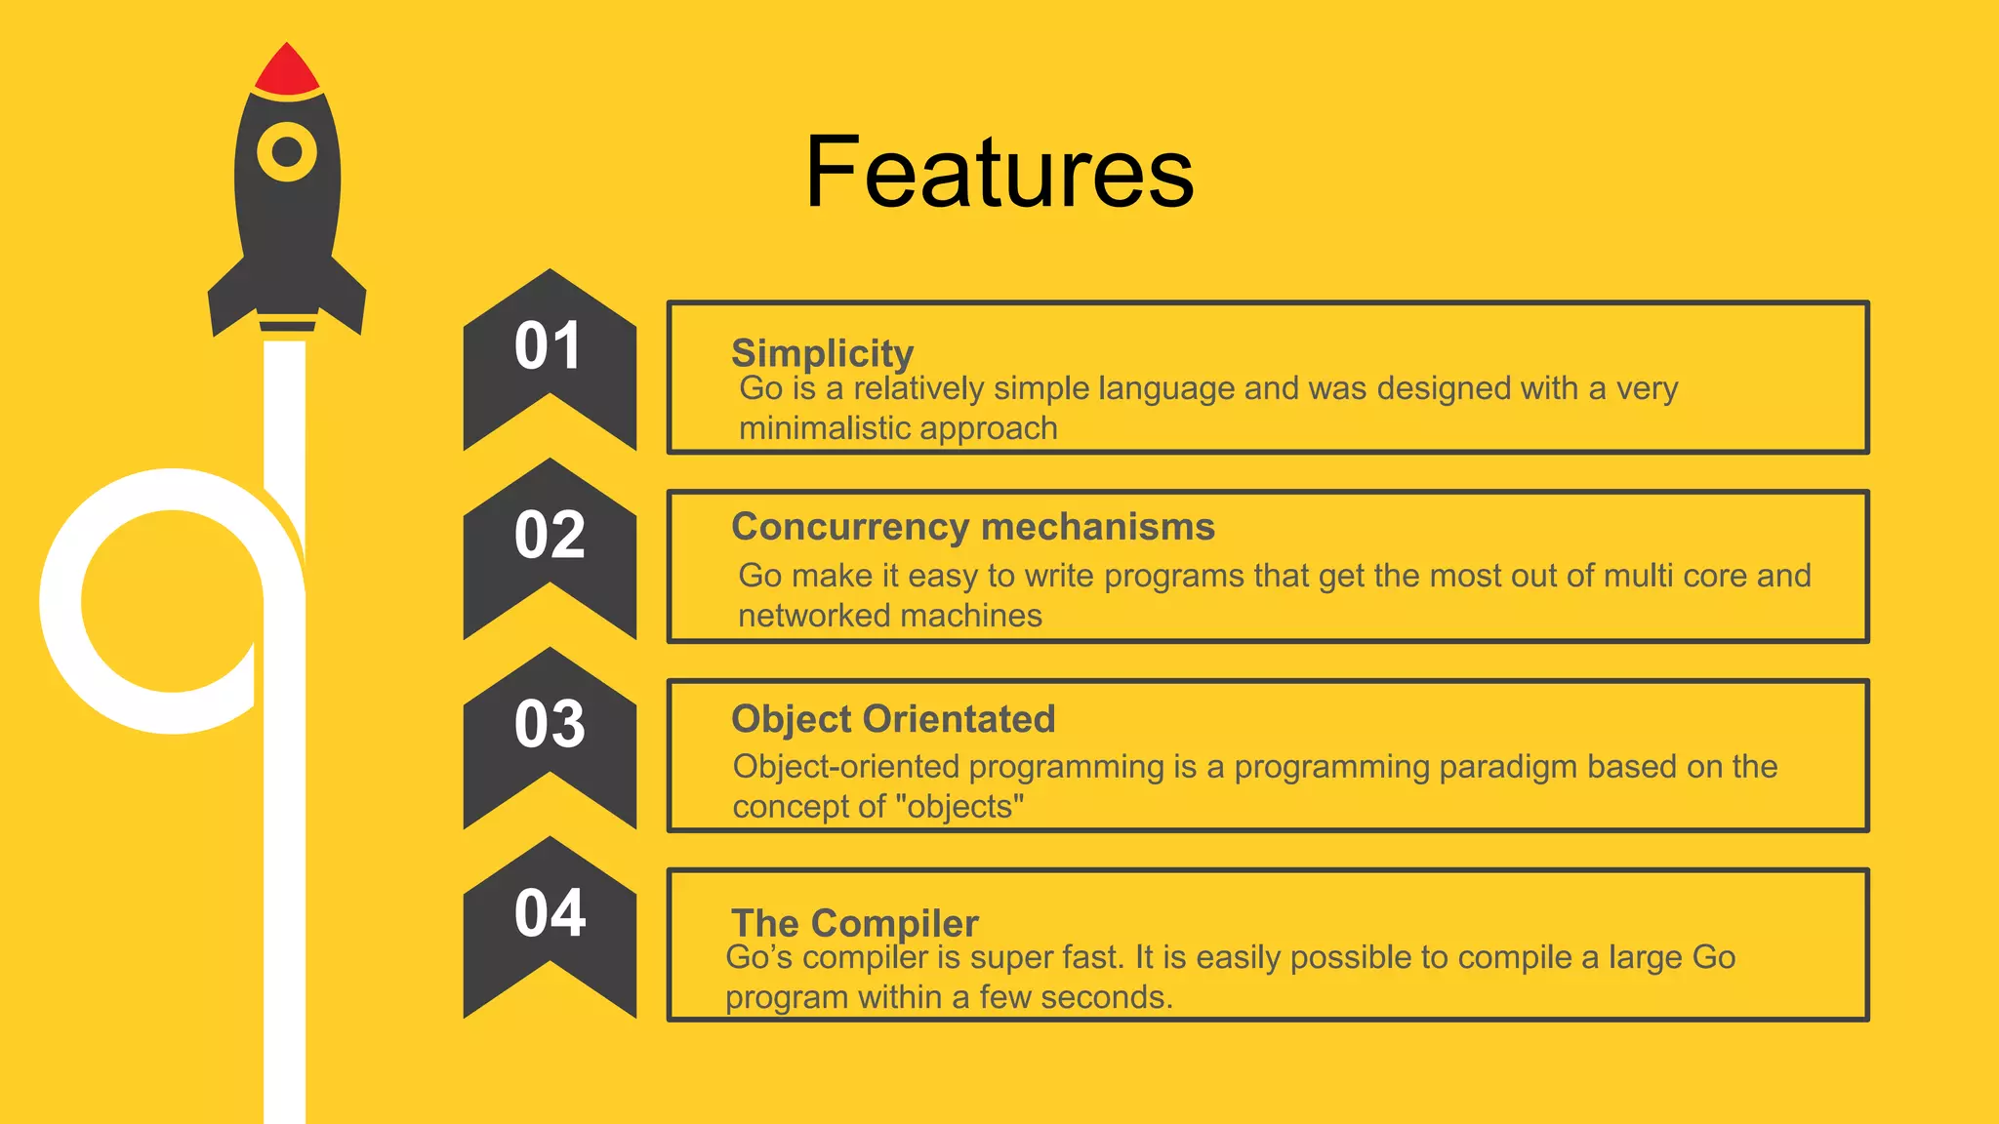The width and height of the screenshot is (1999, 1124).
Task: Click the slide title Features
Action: (999, 173)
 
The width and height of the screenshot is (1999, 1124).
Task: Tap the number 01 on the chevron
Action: (549, 346)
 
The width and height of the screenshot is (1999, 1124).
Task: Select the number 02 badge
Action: (549, 536)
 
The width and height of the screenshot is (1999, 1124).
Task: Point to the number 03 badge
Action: (549, 725)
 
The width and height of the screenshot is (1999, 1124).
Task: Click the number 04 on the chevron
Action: (549, 914)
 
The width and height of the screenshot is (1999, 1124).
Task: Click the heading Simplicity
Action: (822, 353)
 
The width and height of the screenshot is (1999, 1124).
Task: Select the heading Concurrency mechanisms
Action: (972, 527)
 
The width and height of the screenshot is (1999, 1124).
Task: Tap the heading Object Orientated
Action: (893, 719)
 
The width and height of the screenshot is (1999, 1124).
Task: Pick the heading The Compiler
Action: (854, 923)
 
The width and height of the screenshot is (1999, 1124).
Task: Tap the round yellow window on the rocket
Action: (287, 152)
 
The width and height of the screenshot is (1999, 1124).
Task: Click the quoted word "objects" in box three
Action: (959, 807)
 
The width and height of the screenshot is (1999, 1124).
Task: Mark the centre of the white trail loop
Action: (173, 601)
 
